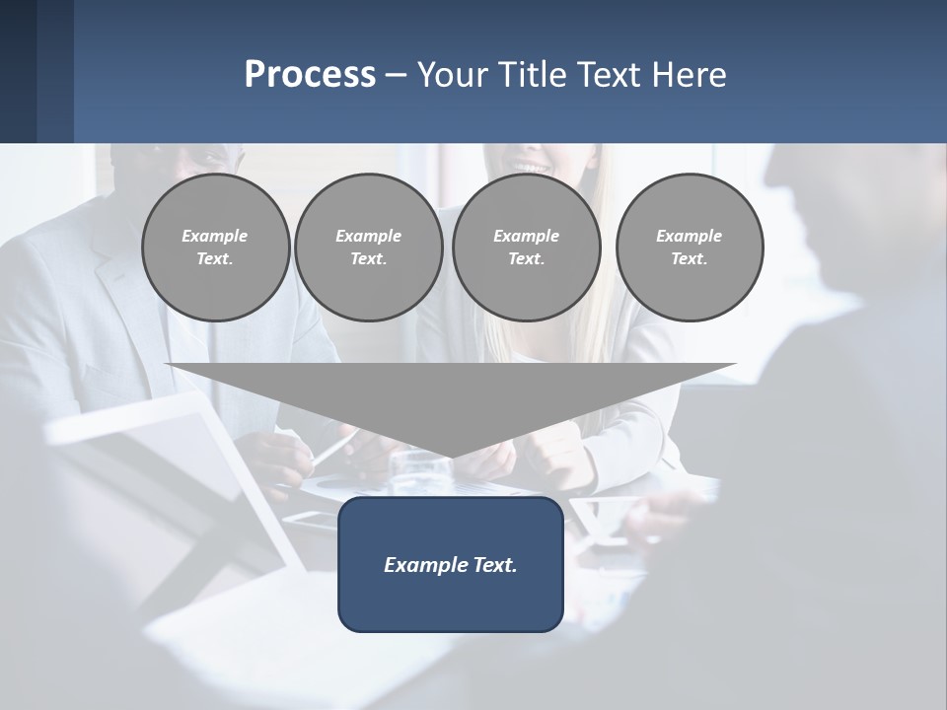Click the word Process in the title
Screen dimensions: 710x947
pyautogui.click(x=310, y=75)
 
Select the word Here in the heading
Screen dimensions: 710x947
pyautogui.click(x=689, y=75)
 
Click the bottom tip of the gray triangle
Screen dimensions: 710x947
pyautogui.click(x=451, y=456)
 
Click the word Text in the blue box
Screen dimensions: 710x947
pyautogui.click(x=494, y=565)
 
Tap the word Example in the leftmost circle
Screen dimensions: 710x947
pyautogui.click(x=215, y=236)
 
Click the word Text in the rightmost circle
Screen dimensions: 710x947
pyautogui.click(x=689, y=258)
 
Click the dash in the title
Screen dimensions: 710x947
pyautogui.click(x=396, y=75)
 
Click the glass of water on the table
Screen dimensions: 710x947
pyautogui.click(x=406, y=472)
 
